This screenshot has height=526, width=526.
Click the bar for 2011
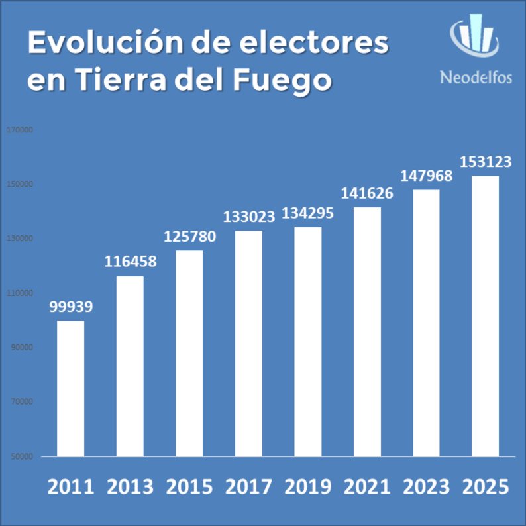coord(70,389)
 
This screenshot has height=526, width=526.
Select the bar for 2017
coord(248,343)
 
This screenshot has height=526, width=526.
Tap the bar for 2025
coord(485,316)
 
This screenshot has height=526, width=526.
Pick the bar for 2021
coord(367,332)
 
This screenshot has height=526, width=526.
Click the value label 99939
coord(70,307)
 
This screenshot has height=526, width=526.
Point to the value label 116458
coord(130,261)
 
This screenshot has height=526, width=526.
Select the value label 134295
coord(307,214)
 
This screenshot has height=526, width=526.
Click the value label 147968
coord(426,176)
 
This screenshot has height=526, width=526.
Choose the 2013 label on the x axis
coord(130,487)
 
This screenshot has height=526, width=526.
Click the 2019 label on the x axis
coord(307,487)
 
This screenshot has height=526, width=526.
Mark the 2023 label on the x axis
coord(426,487)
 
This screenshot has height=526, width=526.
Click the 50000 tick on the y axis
coord(22,456)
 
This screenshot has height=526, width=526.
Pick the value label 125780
coord(189,237)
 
